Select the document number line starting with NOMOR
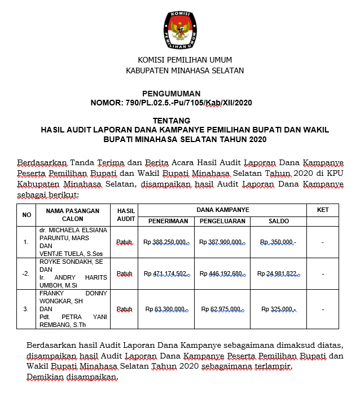[171, 103]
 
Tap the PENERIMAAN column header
[166, 221]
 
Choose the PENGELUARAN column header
[221, 221]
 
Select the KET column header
[323, 210]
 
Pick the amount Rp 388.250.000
[166, 242]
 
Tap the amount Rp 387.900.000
[222, 242]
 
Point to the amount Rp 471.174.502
[166, 274]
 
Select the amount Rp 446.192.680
[222, 274]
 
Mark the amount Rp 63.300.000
[166, 309]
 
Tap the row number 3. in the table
[25, 309]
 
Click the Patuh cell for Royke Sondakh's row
[125, 274]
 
